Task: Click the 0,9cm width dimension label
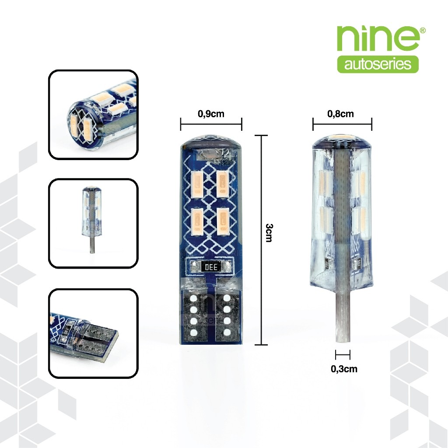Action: [211, 114]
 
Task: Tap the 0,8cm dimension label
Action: [340, 114]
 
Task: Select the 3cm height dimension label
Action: [269, 233]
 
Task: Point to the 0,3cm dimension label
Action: [344, 369]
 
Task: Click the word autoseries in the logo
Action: [378, 64]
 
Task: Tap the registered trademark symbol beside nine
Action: [423, 30]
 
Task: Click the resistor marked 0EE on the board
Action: [211, 267]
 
